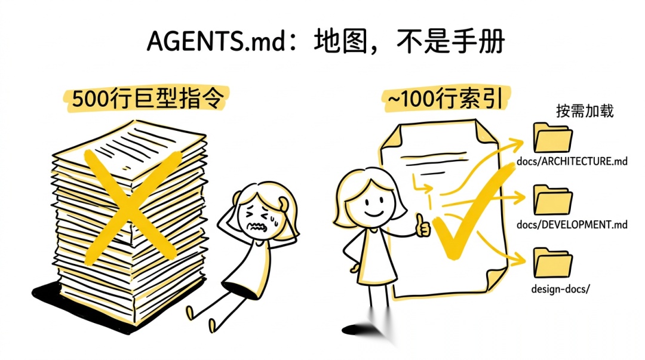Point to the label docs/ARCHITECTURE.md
click(x=572, y=161)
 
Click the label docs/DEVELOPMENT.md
click(x=572, y=224)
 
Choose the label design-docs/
click(x=560, y=289)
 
